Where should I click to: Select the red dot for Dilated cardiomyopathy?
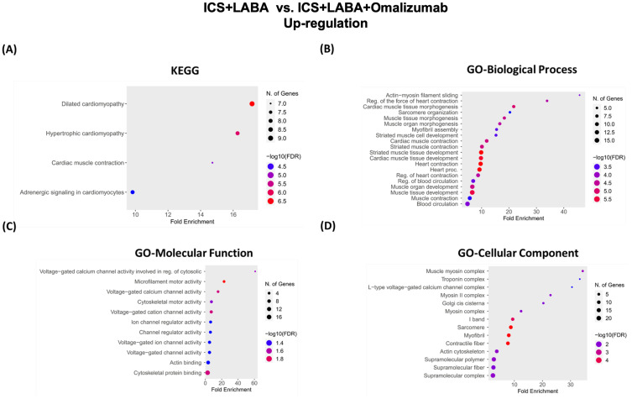(252, 103)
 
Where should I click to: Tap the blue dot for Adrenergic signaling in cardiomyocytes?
(133, 192)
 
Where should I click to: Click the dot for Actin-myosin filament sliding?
(579, 95)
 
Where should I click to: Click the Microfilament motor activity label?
(163, 281)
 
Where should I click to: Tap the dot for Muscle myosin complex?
(582, 271)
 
